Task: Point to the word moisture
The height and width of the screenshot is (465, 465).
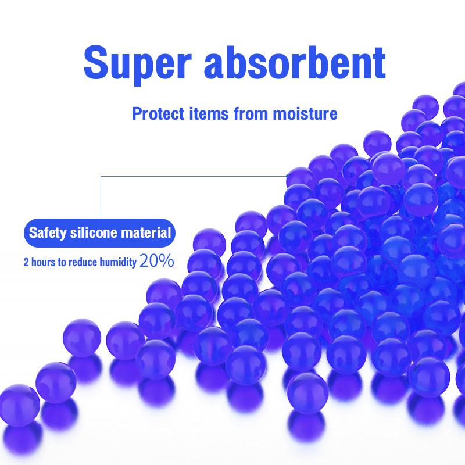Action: pos(306,113)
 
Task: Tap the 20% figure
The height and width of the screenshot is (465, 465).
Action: pos(156,261)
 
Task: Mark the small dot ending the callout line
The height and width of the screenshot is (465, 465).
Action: pos(287,175)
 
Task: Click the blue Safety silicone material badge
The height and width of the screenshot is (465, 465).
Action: pos(99,234)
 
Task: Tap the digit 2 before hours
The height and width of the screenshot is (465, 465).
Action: pos(26,262)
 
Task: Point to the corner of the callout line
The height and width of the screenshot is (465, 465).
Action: pos(101,175)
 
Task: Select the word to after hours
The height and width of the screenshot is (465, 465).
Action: pos(62,262)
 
